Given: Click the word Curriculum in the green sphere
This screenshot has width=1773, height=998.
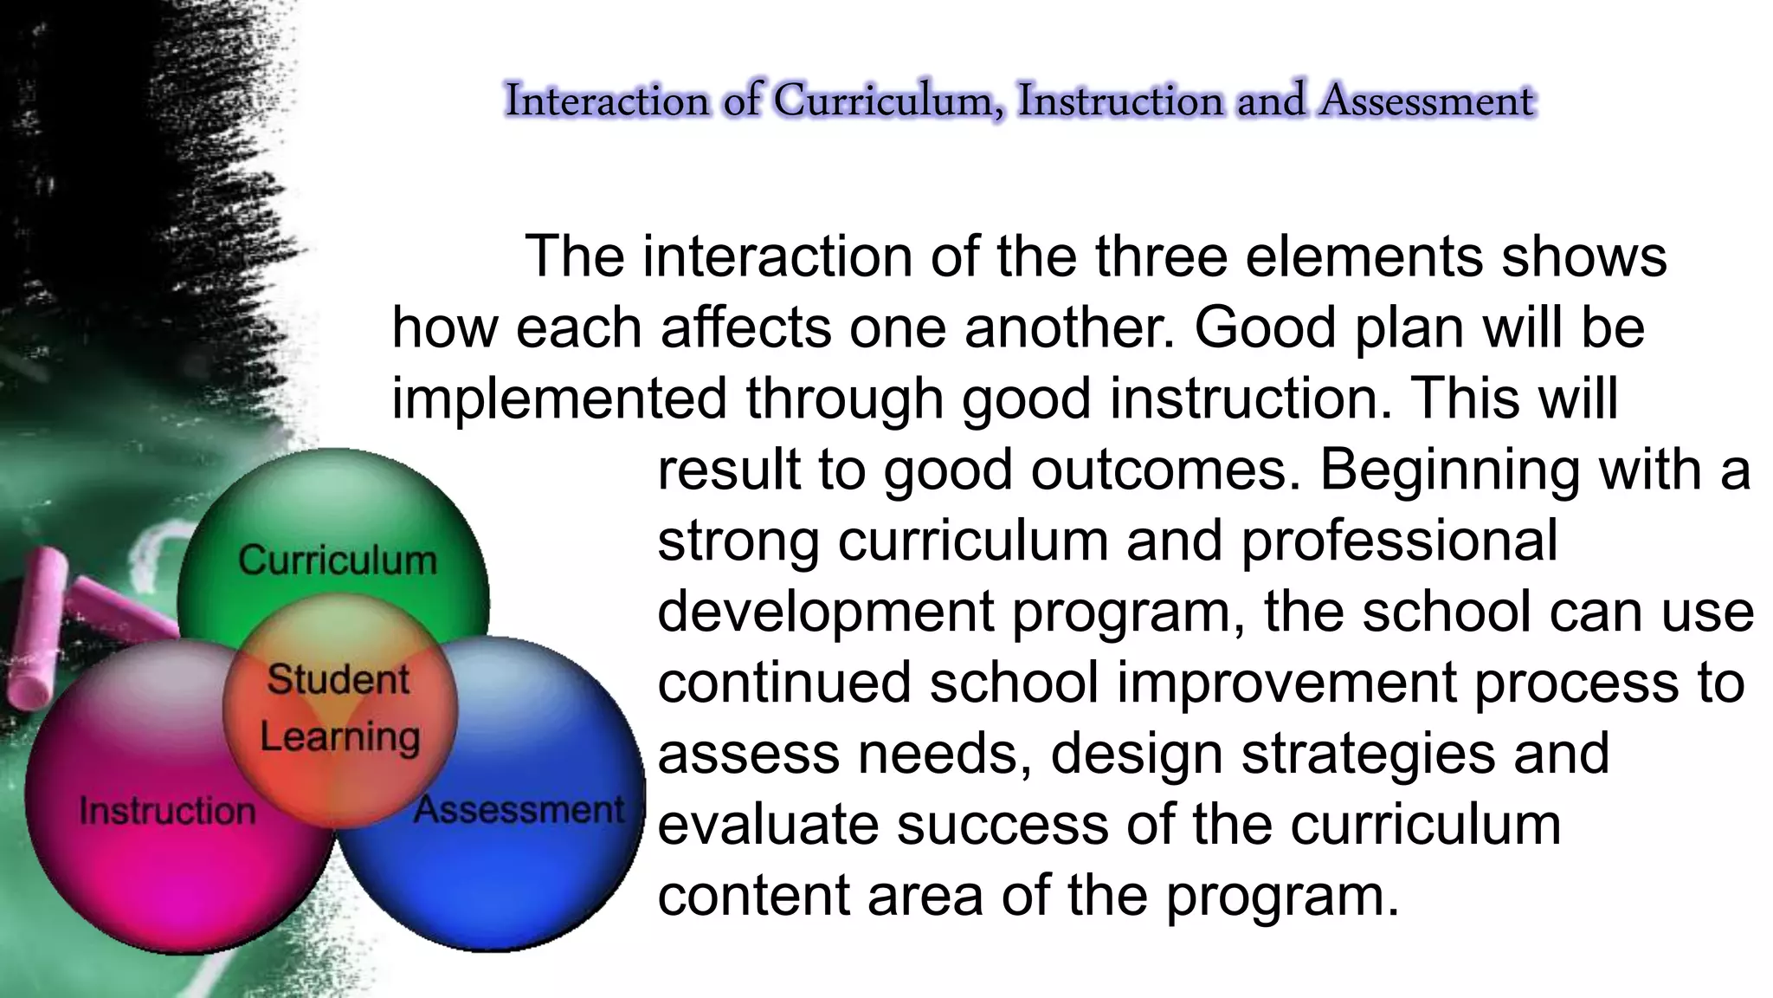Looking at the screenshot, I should click(338, 561).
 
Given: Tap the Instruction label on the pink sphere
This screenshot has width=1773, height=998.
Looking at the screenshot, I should click(168, 812).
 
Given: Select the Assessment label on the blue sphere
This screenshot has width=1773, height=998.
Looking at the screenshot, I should click(519, 810).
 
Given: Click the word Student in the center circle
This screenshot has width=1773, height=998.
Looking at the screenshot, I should click(338, 679).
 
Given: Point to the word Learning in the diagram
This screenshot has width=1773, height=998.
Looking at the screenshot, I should click(340, 737).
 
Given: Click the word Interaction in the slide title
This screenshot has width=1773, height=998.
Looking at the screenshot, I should click(607, 100).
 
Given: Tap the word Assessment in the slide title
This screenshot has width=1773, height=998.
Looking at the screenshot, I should click(1427, 100).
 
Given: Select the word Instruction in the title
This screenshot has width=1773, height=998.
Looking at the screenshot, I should click(1120, 100).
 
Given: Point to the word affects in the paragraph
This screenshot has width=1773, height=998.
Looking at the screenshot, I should click(745, 328).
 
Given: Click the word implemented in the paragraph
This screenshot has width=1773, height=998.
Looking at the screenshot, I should click(559, 399).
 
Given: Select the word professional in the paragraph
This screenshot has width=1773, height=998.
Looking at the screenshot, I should click(1399, 541).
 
